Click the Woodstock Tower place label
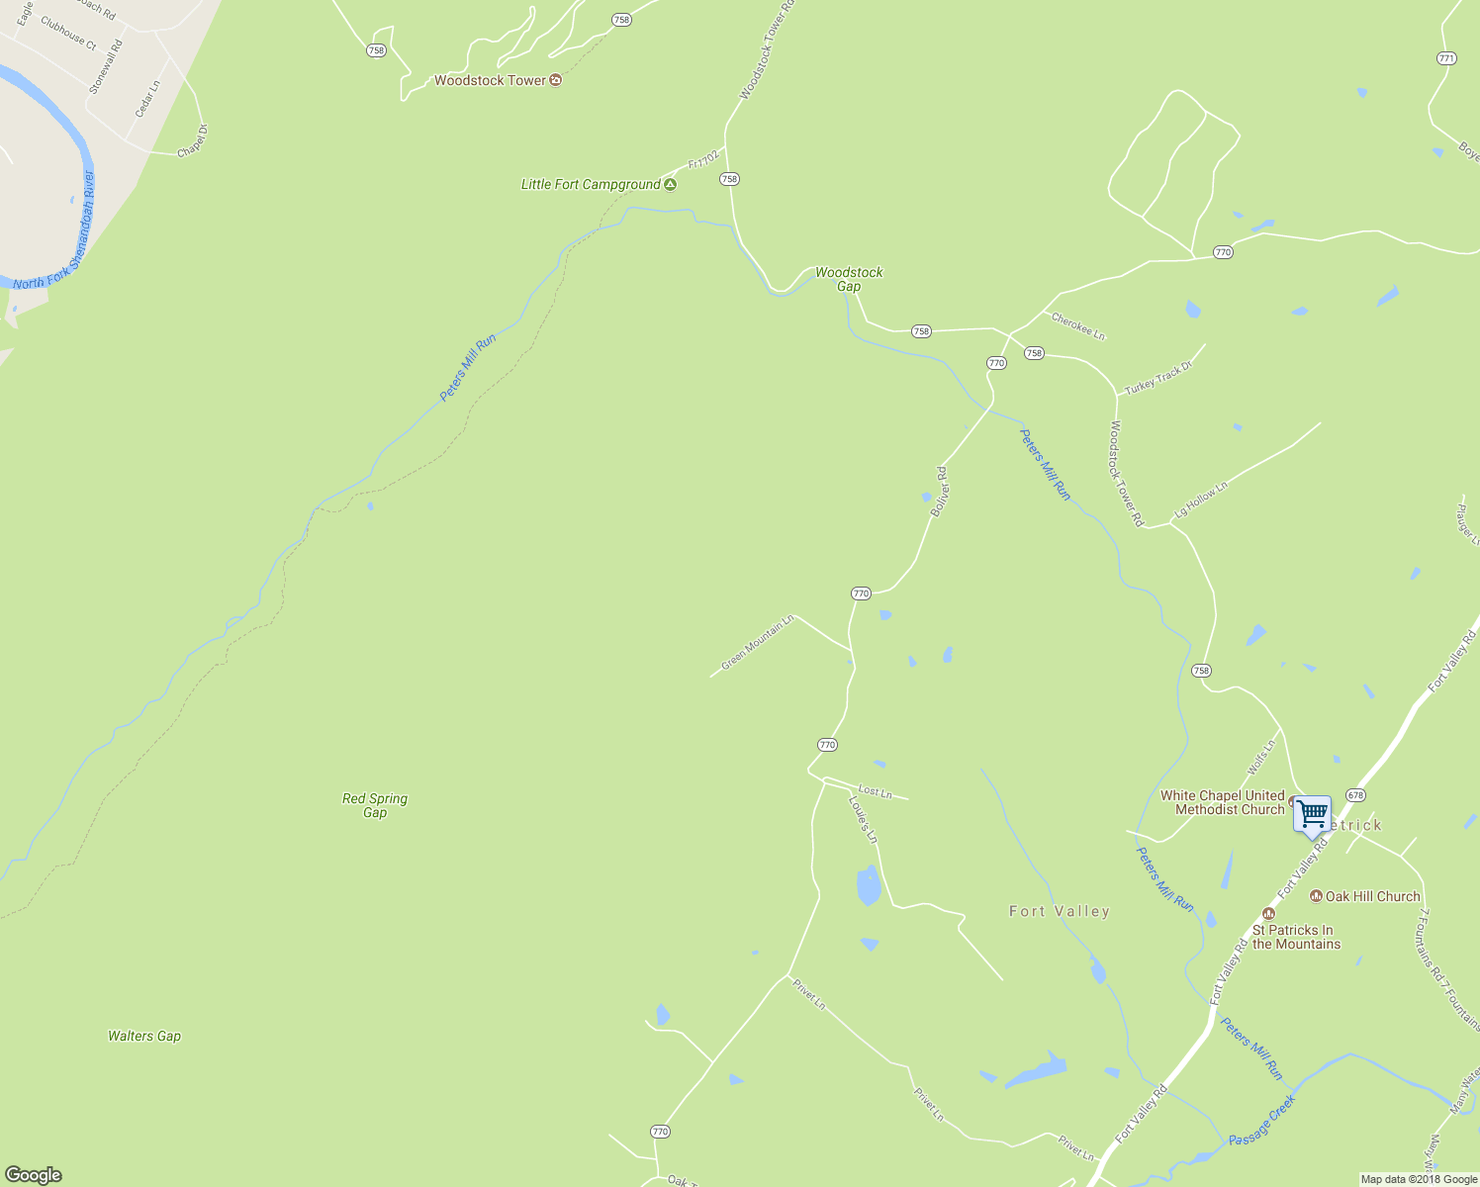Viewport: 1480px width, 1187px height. (x=490, y=80)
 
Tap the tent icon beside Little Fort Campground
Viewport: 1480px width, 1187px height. (x=671, y=184)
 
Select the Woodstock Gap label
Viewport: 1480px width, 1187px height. (x=849, y=279)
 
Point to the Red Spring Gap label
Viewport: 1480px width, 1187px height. (x=375, y=805)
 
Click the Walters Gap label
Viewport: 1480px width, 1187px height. (x=144, y=1036)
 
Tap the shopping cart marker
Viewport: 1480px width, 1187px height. (x=1312, y=815)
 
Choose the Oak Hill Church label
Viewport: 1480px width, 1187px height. (x=1372, y=896)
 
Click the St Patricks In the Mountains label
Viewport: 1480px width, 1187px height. (x=1296, y=937)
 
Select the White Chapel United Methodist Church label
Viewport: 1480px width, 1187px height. (x=1223, y=802)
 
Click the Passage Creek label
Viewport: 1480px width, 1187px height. (x=1262, y=1121)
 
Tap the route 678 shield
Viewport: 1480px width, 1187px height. (x=1355, y=795)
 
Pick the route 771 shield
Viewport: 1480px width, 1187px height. (x=1446, y=58)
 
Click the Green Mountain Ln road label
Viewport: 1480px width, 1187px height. (x=758, y=643)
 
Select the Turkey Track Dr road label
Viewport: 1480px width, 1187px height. (x=1158, y=378)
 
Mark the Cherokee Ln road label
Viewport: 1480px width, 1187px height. (x=1078, y=325)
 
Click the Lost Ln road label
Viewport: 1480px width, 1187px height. (x=876, y=791)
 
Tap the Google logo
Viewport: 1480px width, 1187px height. (x=34, y=1174)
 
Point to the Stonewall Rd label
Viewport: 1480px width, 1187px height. (x=105, y=66)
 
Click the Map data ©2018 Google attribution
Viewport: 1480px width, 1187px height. (x=1418, y=1179)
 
